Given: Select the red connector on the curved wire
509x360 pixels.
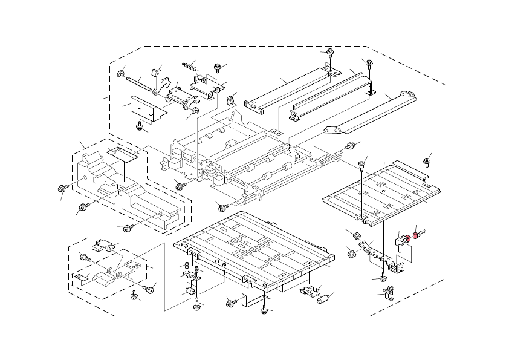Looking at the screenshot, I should pos(416,235).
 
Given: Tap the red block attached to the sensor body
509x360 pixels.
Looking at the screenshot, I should pos(407,238).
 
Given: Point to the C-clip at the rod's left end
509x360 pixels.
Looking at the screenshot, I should pos(122,75).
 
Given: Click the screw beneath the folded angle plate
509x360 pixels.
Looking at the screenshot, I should pos(140,126).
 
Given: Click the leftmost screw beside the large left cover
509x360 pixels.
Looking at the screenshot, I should pos(63,188).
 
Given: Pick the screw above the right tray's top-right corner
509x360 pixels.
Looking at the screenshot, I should pos(427,160).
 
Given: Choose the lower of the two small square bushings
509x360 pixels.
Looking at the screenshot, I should pos(350,252).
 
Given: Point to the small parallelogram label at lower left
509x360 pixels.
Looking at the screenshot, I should pos(82,278).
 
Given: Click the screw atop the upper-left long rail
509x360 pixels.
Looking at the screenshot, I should pos(330,54).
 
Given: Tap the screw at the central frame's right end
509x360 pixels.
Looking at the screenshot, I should pos(349,146).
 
